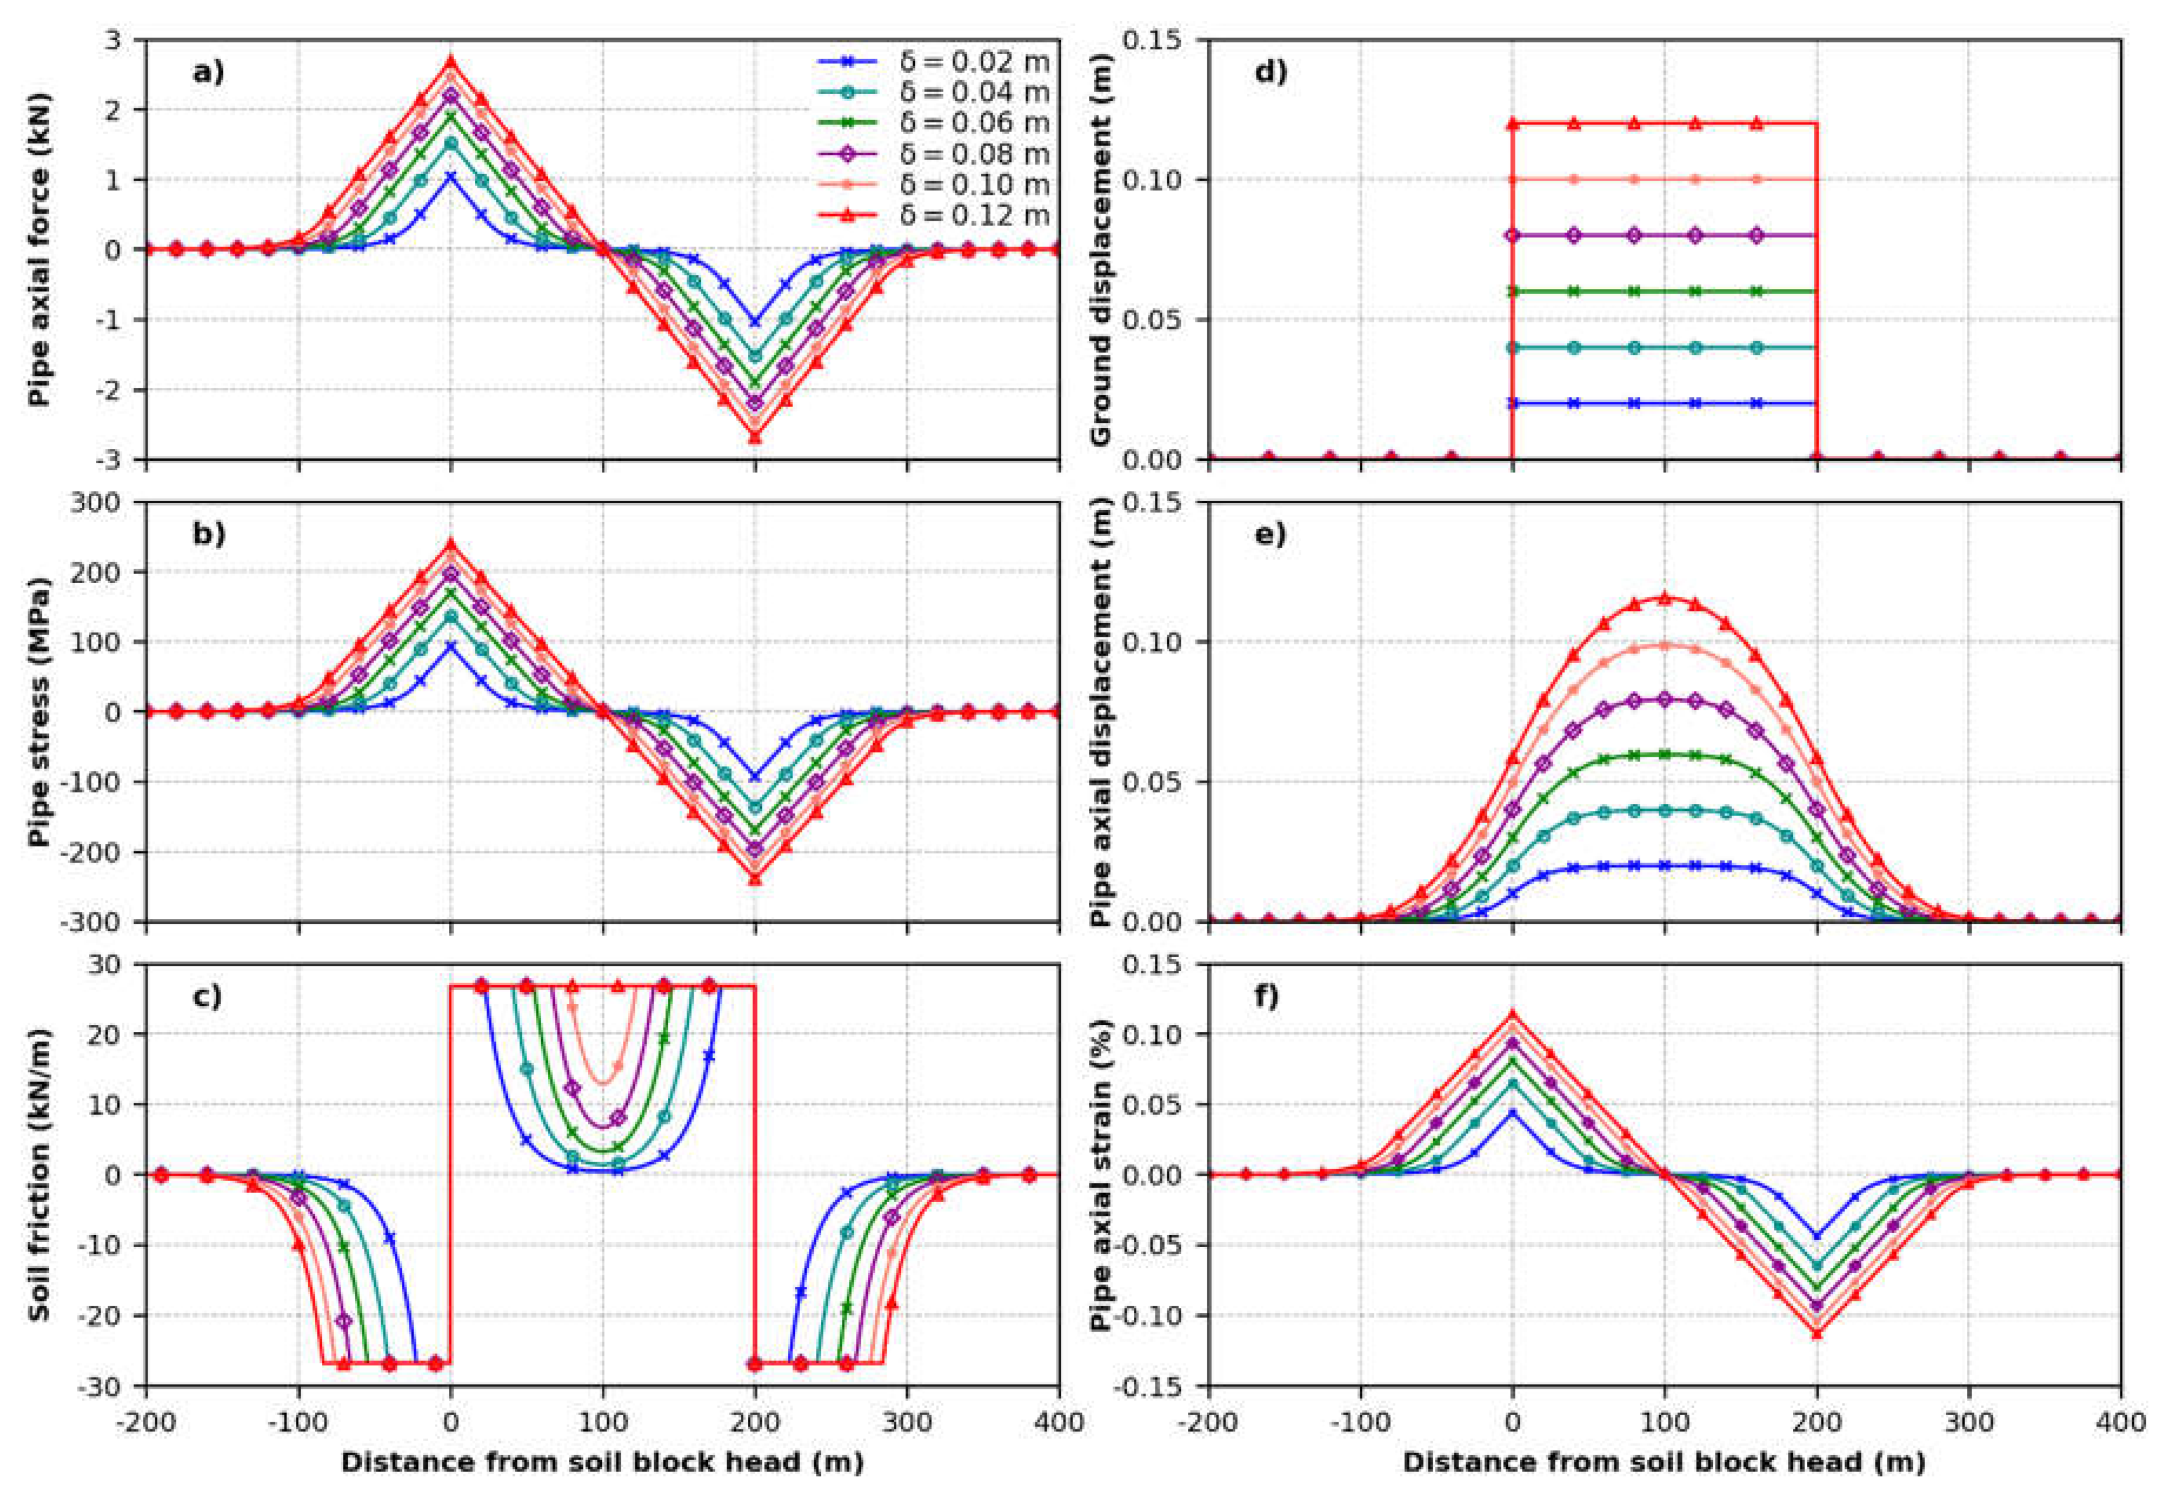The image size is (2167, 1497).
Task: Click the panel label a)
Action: [208, 72]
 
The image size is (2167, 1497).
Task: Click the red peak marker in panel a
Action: [451, 61]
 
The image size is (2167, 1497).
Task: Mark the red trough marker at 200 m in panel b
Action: [755, 879]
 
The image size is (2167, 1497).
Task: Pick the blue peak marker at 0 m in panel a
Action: [451, 177]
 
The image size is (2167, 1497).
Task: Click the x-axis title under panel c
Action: [602, 1462]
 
